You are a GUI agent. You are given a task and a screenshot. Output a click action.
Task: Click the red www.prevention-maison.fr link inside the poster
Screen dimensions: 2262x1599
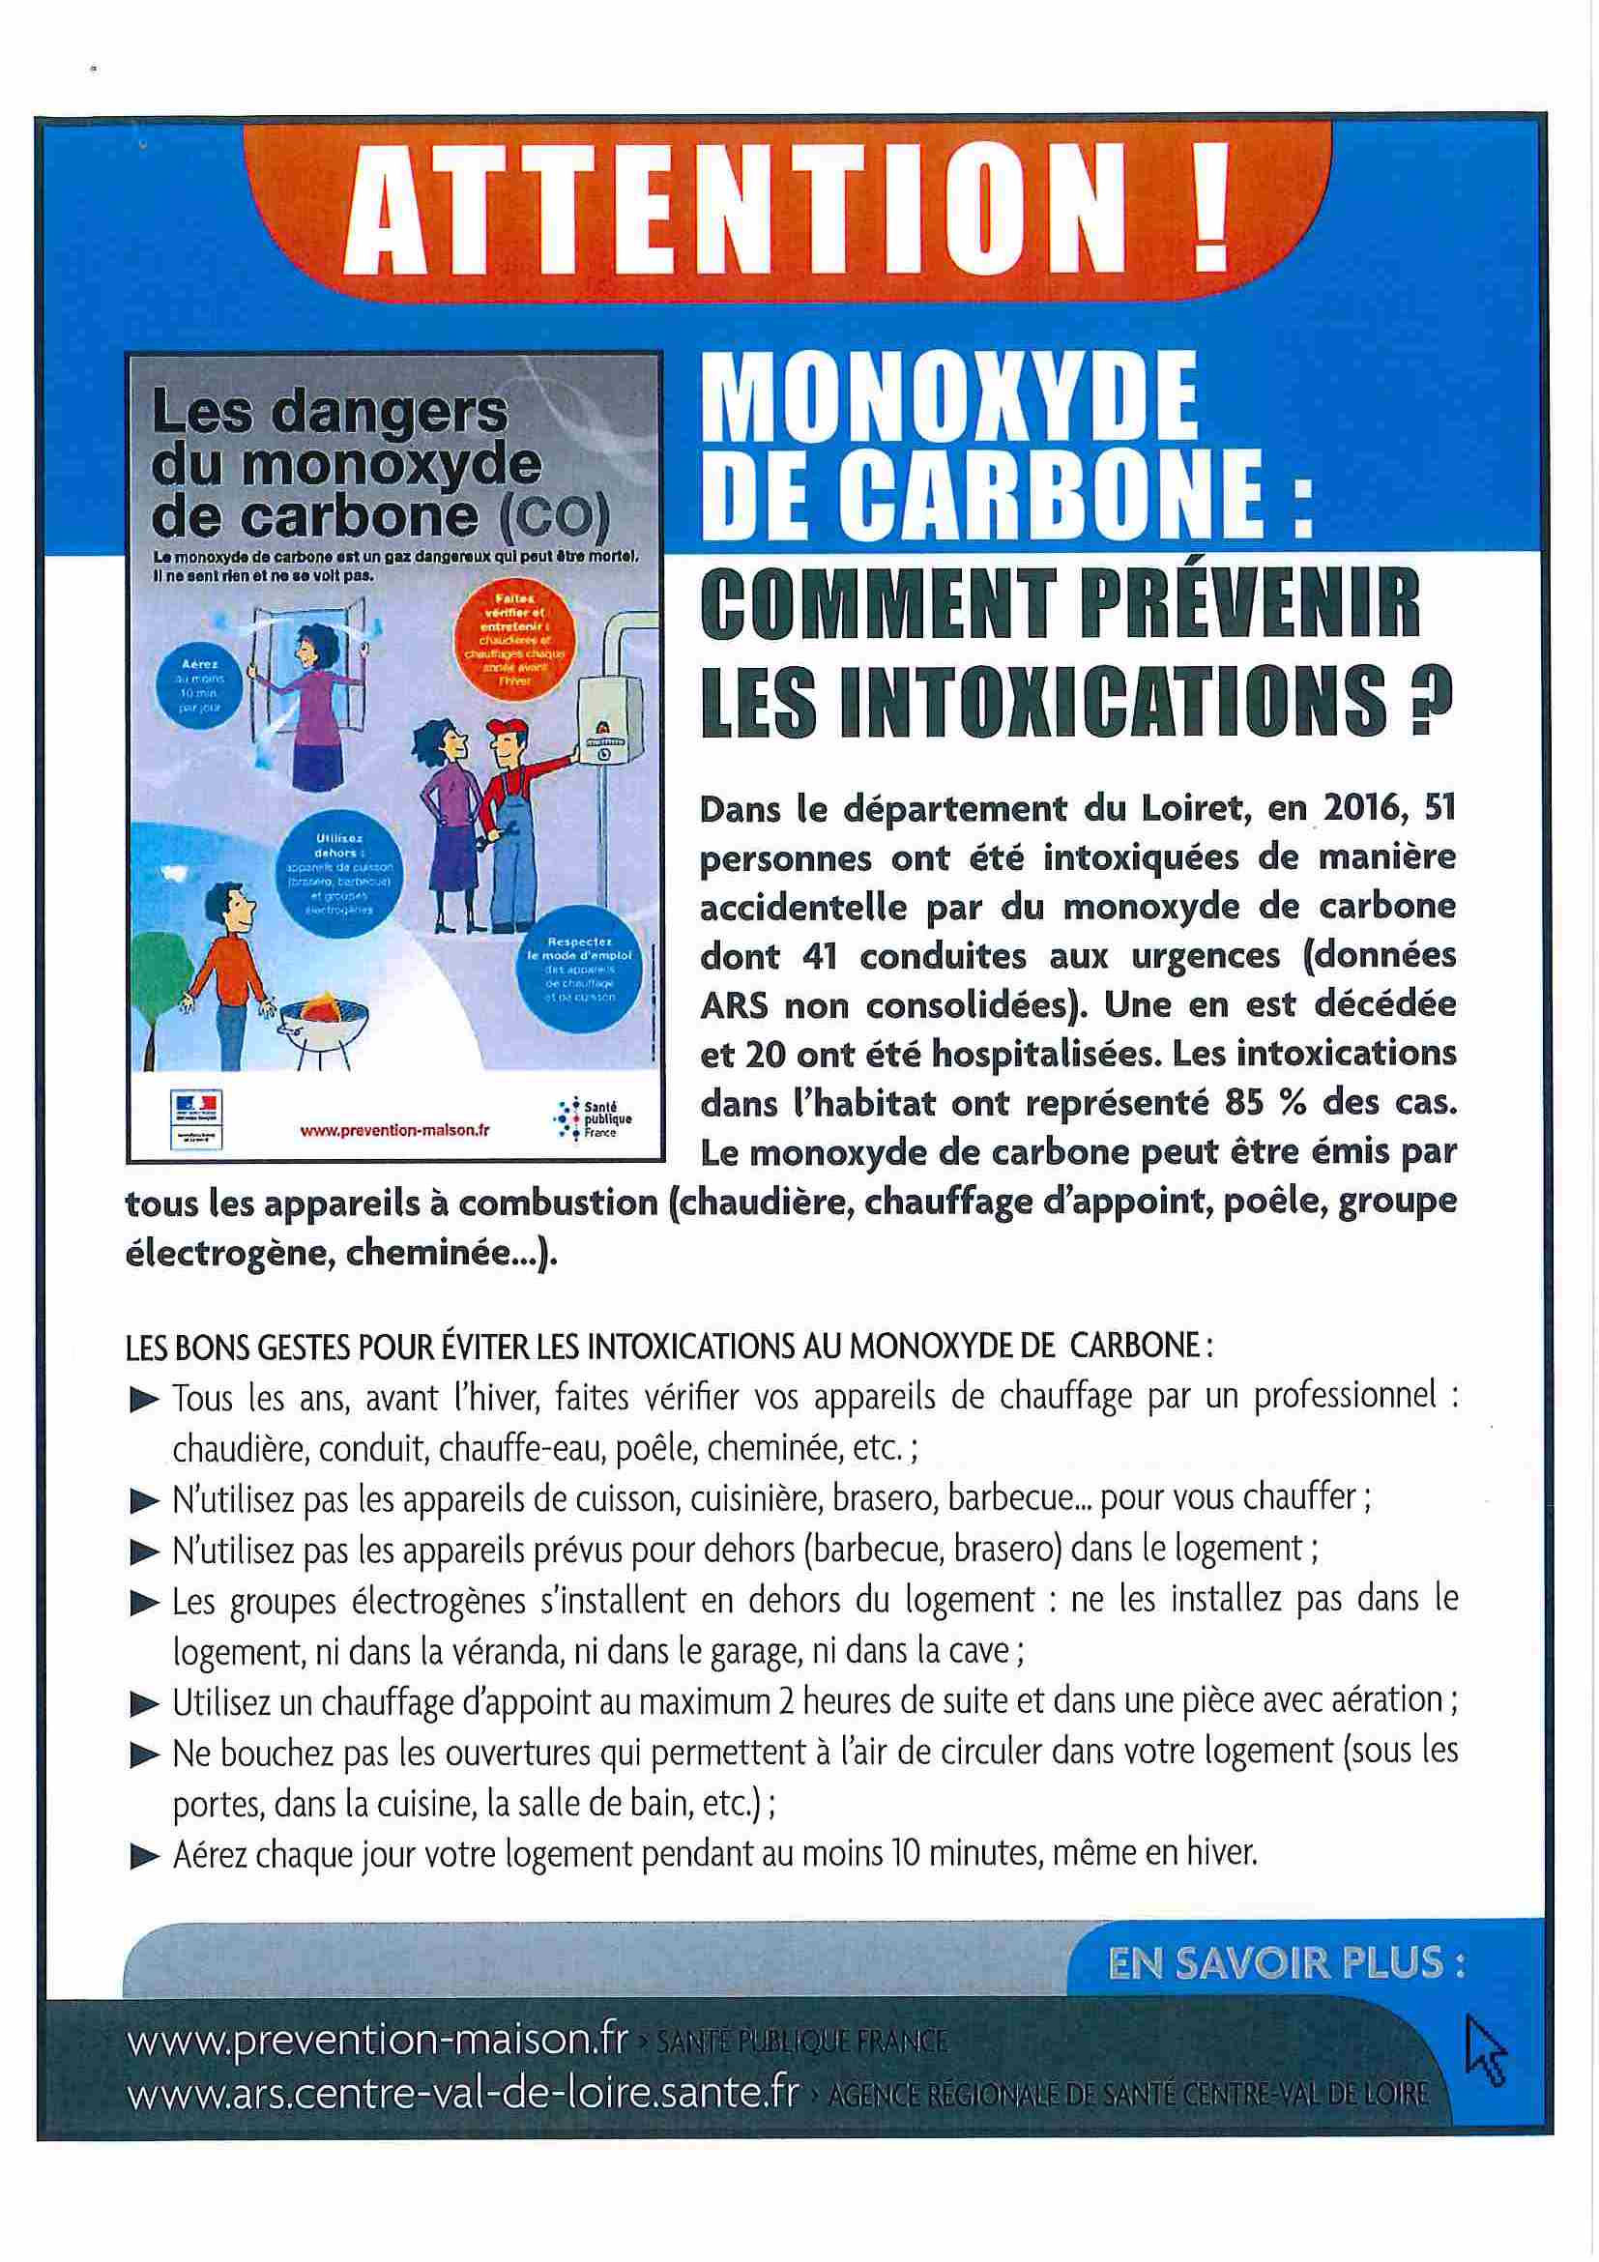(395, 1131)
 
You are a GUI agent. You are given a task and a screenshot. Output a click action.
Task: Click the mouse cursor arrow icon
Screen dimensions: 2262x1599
(1485, 2048)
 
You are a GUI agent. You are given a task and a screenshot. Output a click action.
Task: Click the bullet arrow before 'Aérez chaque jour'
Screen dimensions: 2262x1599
(144, 1858)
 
